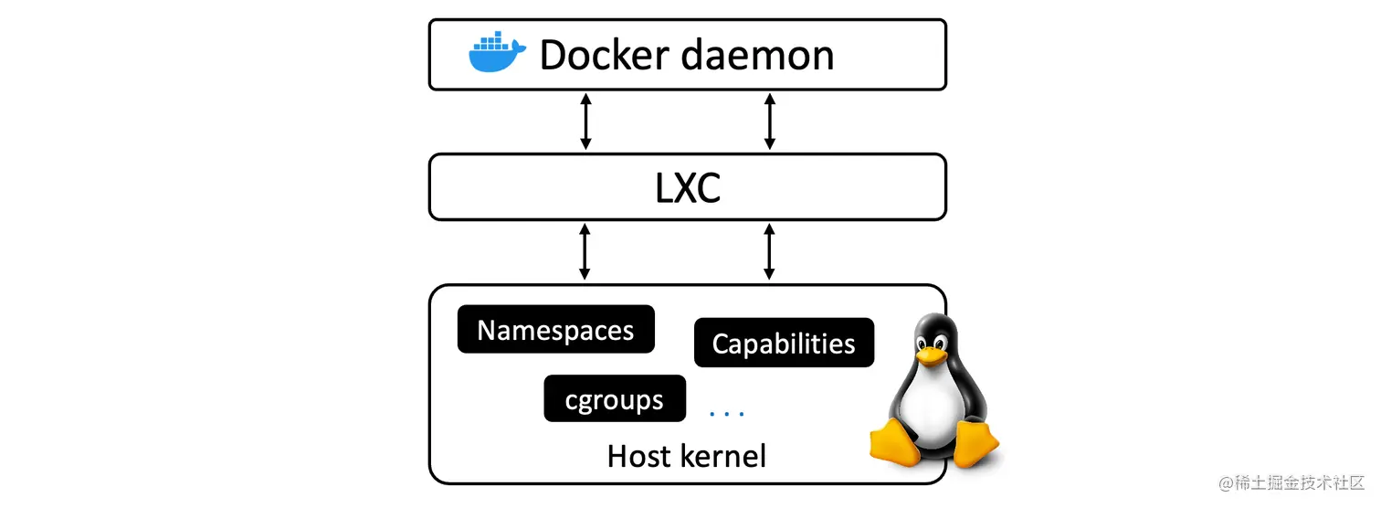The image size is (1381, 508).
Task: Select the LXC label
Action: (687, 188)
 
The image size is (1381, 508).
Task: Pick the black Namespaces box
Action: (555, 330)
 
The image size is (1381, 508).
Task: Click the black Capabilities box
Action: (784, 344)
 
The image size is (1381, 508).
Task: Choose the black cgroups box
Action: (614, 399)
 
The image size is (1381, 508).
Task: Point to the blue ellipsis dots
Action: (728, 414)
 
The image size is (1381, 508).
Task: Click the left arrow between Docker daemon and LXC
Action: (585, 122)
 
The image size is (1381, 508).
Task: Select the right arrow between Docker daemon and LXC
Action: (769, 122)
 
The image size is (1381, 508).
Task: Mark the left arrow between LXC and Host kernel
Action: (585, 252)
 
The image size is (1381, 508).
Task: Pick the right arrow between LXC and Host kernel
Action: (769, 252)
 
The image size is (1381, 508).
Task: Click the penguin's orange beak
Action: (930, 354)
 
